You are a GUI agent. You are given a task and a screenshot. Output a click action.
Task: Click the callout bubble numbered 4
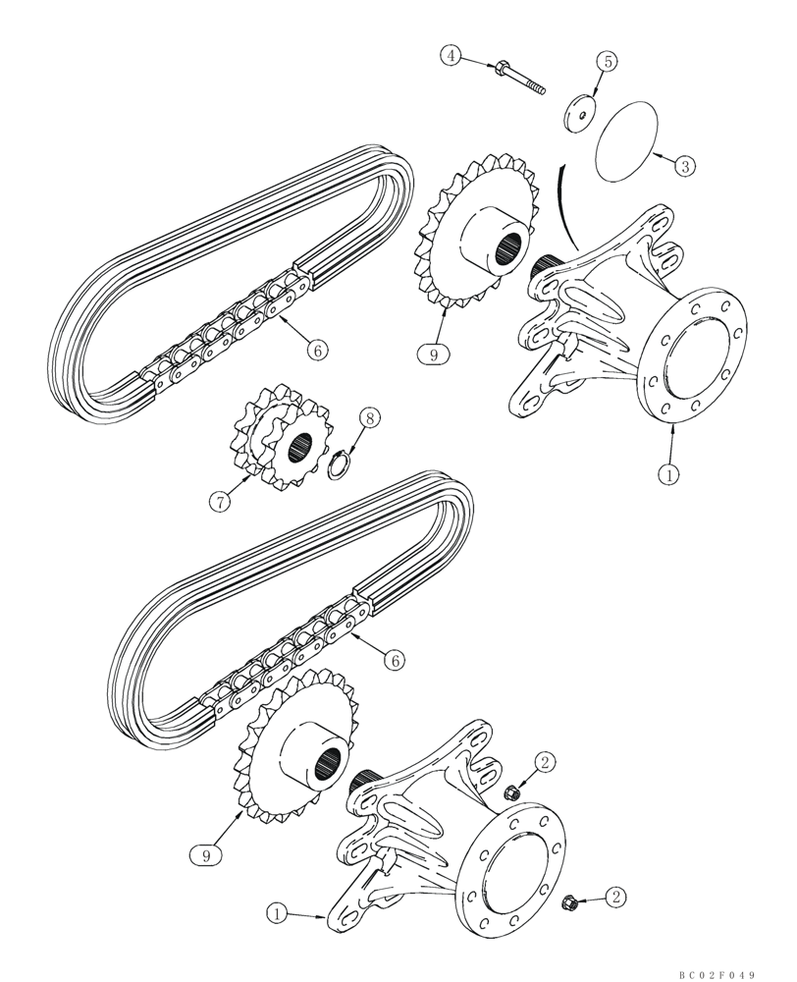point(451,56)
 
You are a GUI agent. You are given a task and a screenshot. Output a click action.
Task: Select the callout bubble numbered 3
point(685,166)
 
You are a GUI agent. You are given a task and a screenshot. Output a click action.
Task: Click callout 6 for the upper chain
point(316,349)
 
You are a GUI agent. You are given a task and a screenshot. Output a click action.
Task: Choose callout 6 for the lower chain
point(394,661)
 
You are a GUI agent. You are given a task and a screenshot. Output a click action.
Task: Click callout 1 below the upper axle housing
point(668,474)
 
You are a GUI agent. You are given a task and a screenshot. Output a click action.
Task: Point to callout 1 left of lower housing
point(279,914)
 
